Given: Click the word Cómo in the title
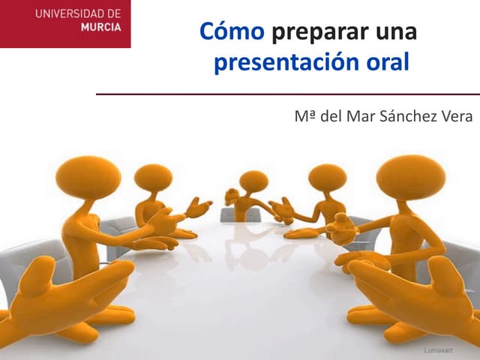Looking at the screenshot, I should point(232,33).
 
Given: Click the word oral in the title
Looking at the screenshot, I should point(388,62).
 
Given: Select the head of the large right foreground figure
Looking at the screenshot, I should point(411,177).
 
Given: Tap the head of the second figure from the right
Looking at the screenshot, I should point(327,178).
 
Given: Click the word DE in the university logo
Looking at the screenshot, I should point(112,14).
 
